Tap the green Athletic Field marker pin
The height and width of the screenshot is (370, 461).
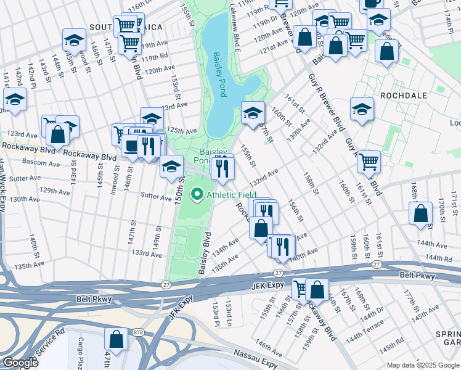(198, 195)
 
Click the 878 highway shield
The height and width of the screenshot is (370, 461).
(138, 332)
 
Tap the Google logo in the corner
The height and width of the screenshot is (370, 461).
(20, 363)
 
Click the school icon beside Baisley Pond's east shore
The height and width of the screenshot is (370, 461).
(253, 113)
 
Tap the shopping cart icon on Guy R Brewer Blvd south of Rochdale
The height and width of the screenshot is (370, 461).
(369, 162)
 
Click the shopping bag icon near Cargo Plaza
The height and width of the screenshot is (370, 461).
(116, 339)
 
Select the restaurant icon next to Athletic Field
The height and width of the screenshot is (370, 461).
(222, 166)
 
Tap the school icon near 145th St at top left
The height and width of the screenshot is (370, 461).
(74, 40)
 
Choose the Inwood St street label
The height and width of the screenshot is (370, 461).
(115, 175)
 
